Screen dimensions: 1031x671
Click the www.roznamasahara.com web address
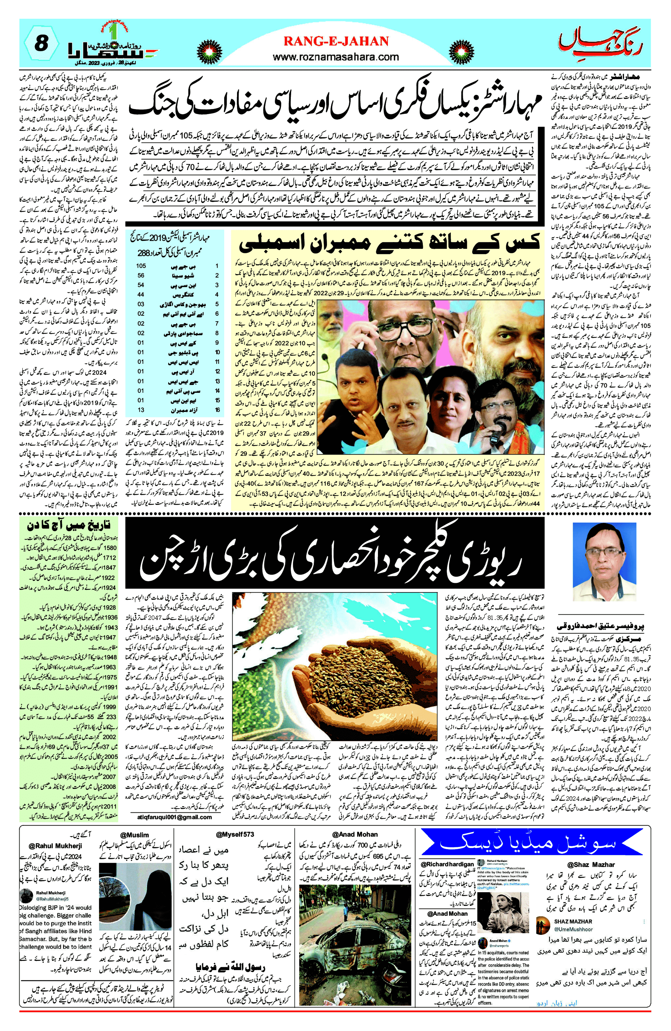336,57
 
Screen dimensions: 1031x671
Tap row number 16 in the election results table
217,409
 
